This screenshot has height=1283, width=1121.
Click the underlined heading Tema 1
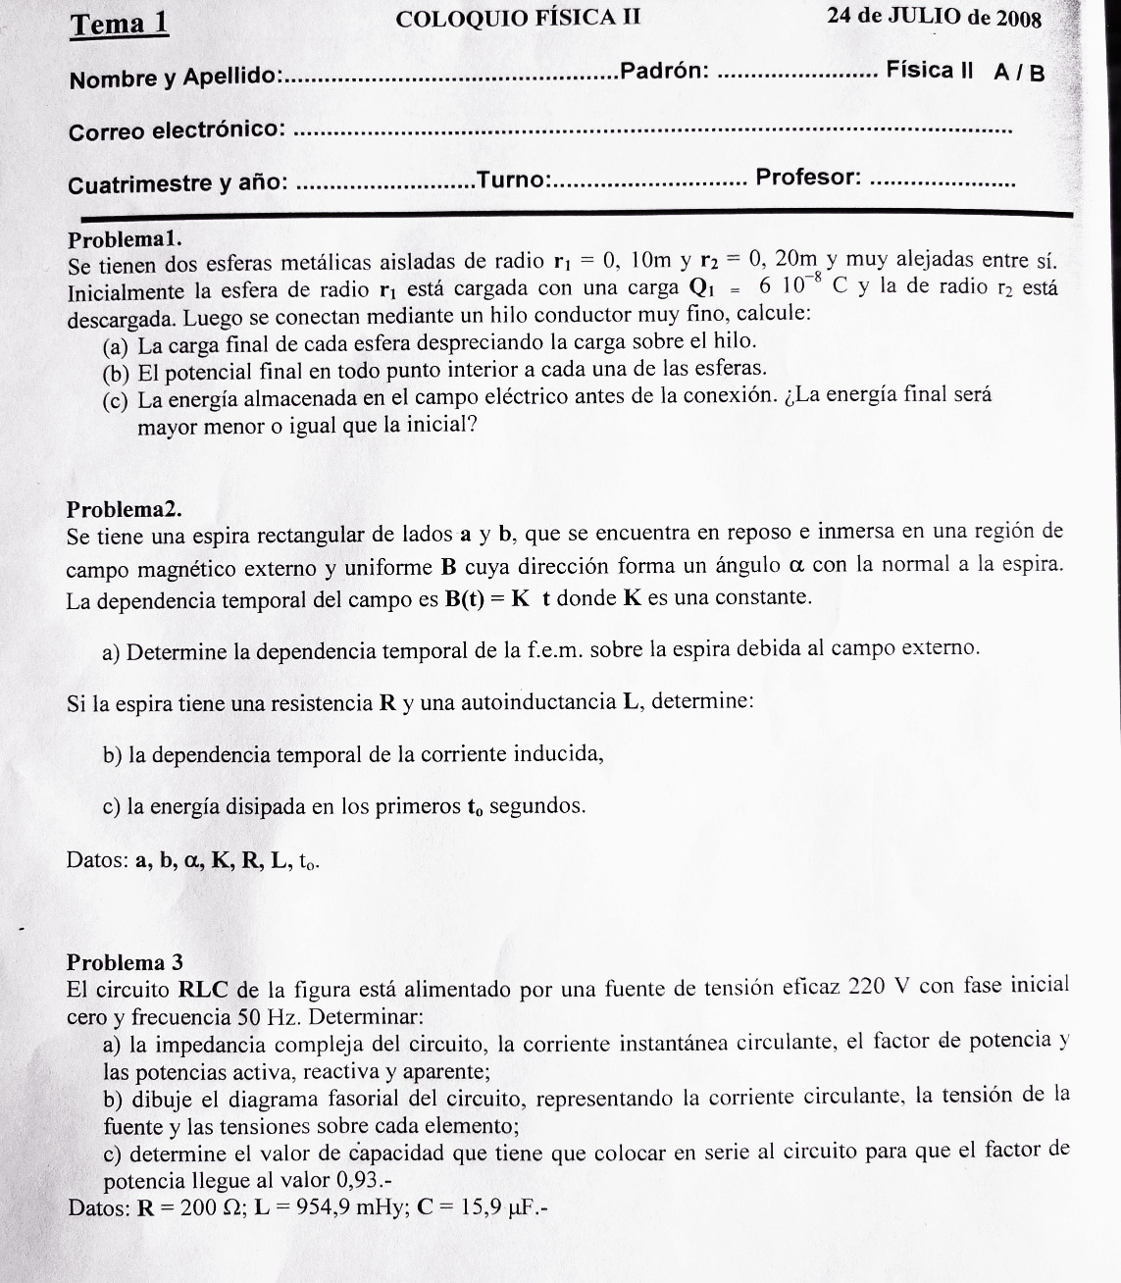click(119, 24)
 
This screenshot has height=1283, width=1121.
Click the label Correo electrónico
click(178, 130)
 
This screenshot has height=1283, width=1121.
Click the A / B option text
click(1018, 72)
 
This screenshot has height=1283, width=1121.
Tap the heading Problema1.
click(125, 238)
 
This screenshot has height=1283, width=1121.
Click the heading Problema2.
click(125, 509)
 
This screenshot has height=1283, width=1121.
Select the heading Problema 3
click(125, 961)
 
